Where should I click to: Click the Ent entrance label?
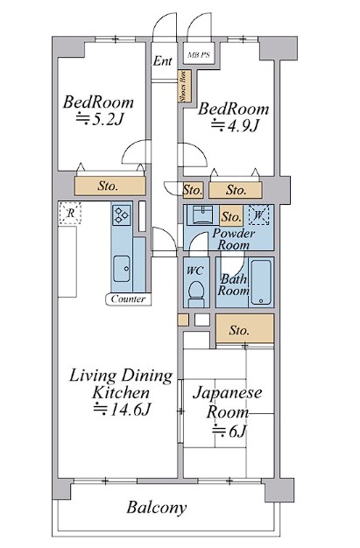click(163, 61)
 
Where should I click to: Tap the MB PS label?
click(199, 55)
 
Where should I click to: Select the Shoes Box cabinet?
click(184, 86)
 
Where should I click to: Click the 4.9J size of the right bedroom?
click(235, 125)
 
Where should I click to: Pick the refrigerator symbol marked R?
click(70, 213)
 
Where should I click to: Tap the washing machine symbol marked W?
click(259, 214)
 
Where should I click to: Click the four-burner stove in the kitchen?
click(122, 214)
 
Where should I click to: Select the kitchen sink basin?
click(122, 269)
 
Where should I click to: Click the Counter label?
click(129, 299)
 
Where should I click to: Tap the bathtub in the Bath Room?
click(261, 282)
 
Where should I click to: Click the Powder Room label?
click(234, 239)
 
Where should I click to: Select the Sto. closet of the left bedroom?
click(109, 186)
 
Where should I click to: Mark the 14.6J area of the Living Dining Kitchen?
click(123, 409)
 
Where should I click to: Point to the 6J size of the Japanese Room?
click(229, 432)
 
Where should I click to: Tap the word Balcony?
click(157, 508)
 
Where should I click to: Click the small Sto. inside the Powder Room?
click(231, 216)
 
